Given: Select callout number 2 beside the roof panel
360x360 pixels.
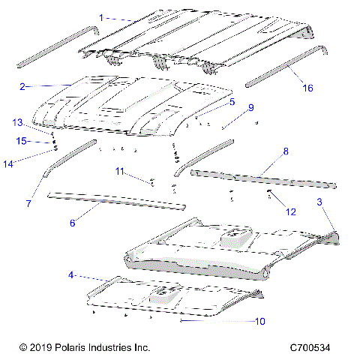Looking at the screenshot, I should coord(23,86).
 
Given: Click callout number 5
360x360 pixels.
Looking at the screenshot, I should coord(232,101).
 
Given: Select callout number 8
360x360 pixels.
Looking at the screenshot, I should coord(284,151).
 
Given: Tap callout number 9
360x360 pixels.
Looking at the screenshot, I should coord(250,107).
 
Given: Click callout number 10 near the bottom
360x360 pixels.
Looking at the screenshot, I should coord(260,322).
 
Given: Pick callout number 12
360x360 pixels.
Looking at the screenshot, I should coord(290,212).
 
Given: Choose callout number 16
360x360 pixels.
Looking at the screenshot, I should coord(307,88).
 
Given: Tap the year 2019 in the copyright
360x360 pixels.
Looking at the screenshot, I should coord(43,348).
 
